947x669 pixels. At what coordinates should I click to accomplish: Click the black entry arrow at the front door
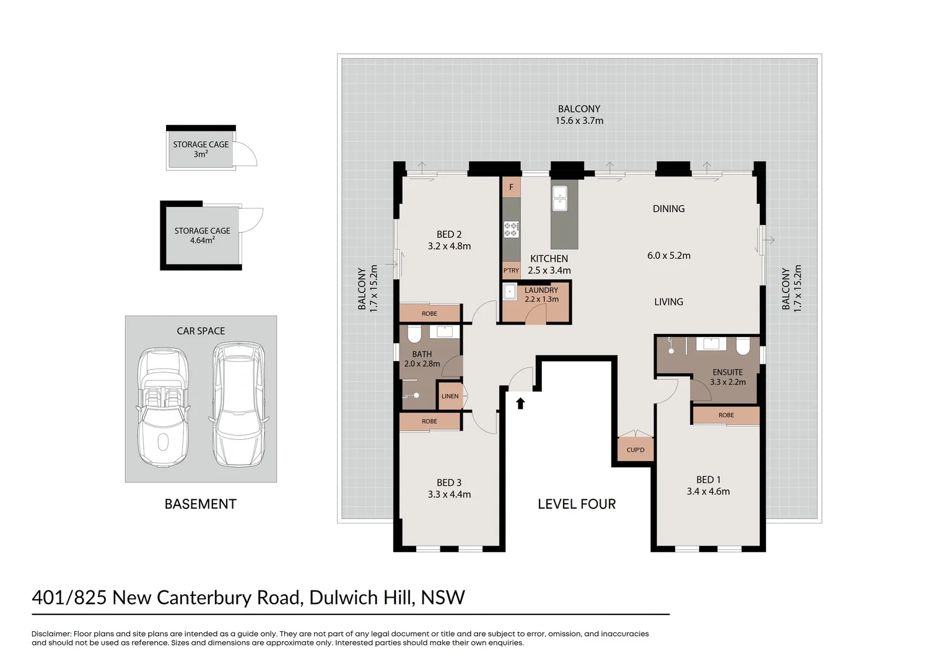pyautogui.click(x=520, y=403)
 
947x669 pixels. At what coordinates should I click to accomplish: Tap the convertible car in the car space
pyautogui.click(x=163, y=408)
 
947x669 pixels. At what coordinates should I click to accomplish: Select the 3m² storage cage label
pyautogui.click(x=201, y=149)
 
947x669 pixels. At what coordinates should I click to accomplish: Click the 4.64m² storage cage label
pyautogui.click(x=202, y=235)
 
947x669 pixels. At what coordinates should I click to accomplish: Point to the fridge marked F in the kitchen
pyautogui.click(x=511, y=187)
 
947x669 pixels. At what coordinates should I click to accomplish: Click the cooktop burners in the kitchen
pyautogui.click(x=511, y=229)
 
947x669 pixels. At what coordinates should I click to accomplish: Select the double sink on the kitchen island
pyautogui.click(x=560, y=198)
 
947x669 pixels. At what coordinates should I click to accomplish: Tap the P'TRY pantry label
pyautogui.click(x=511, y=271)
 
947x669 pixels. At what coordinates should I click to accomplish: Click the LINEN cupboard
pyautogui.click(x=450, y=396)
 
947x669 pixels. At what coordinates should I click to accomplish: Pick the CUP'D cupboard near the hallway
pyautogui.click(x=635, y=450)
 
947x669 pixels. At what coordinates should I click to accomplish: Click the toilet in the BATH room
pyautogui.click(x=414, y=334)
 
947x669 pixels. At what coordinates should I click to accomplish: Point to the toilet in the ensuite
pyautogui.click(x=743, y=346)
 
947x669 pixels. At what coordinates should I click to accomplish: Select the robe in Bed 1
pyautogui.click(x=726, y=415)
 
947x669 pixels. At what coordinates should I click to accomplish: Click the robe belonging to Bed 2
pyautogui.click(x=429, y=313)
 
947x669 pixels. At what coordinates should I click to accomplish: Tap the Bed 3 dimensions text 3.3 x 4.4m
pyautogui.click(x=449, y=494)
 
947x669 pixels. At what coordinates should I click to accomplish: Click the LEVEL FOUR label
pyautogui.click(x=577, y=504)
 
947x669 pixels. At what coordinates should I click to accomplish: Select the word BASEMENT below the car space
pyautogui.click(x=200, y=504)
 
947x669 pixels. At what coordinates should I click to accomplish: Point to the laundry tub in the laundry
pyautogui.click(x=510, y=291)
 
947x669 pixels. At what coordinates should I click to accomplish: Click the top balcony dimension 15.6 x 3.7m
pyautogui.click(x=579, y=121)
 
